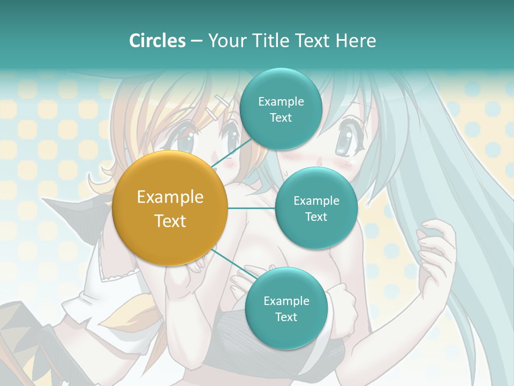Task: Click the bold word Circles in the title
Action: coord(157,41)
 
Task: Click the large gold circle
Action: coord(170,209)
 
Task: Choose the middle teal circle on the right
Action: coord(316,209)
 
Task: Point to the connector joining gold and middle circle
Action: coord(251,209)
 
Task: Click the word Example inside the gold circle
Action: coord(170,197)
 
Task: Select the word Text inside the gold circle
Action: coord(170,221)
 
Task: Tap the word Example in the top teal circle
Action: coord(281,101)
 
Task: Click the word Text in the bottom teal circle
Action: coord(286,317)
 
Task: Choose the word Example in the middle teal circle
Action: coord(316,201)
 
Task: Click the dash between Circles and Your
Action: coord(196,41)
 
